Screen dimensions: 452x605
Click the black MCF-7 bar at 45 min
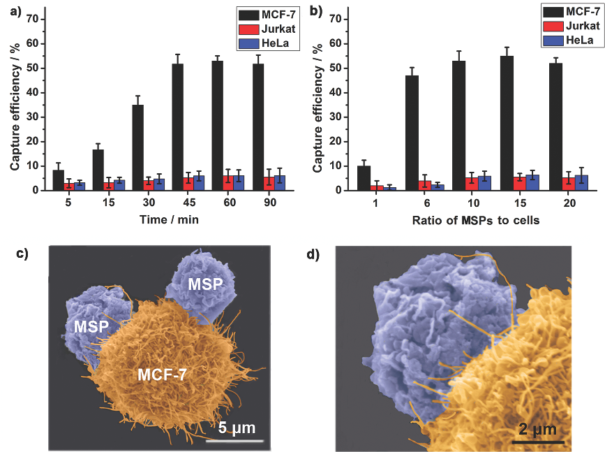pos(178,126)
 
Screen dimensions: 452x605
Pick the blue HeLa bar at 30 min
pos(159,184)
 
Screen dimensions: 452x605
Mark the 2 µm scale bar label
pos(537,428)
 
